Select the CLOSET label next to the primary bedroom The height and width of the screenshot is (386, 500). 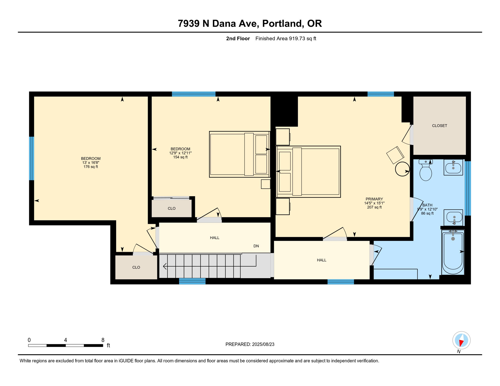439,126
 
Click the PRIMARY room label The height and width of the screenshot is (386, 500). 374,199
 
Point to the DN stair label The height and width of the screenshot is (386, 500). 256,246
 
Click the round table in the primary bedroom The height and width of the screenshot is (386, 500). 402,169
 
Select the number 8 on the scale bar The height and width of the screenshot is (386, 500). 103,340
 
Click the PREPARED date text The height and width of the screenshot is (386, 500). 250,344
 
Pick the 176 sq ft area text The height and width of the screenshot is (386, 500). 91,167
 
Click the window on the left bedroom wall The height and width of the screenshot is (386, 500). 32,158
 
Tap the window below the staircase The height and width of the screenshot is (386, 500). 192,281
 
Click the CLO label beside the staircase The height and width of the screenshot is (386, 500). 136,267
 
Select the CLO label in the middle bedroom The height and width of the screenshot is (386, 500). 172,208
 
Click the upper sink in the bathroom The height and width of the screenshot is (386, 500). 453,167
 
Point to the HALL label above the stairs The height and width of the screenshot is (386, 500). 215,238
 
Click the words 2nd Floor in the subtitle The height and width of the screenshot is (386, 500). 238,38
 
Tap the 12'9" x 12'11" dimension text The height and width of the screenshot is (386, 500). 180,153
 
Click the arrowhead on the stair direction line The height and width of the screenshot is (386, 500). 165,266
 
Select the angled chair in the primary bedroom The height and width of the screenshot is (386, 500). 395,155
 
